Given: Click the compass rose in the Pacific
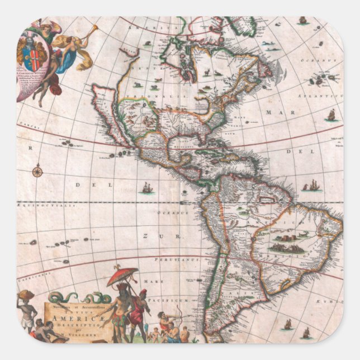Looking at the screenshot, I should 37,171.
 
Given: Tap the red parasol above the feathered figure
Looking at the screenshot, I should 123,275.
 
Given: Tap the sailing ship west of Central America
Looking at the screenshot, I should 147,188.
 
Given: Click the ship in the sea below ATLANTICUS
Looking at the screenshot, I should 331,115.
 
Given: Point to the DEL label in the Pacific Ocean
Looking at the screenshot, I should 98,184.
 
